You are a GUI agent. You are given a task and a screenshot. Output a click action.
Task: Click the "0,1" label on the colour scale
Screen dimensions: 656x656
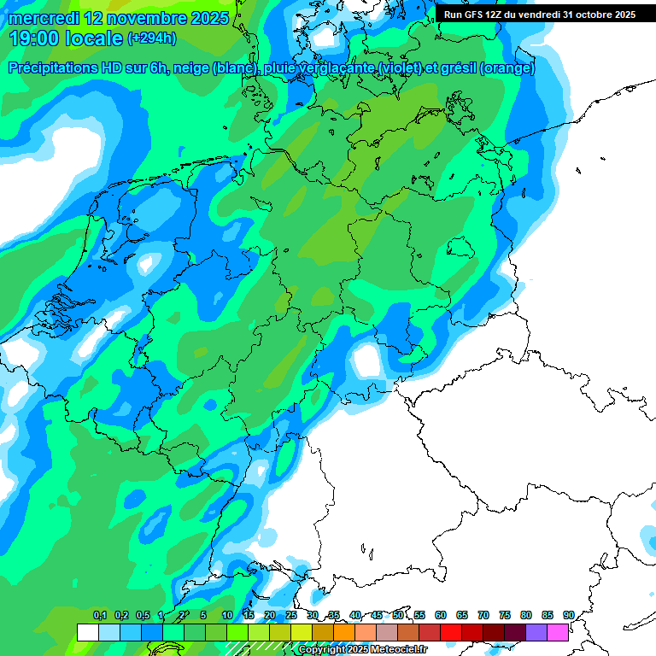(100, 616)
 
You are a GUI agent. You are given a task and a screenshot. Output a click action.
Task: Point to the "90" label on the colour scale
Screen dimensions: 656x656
(568, 616)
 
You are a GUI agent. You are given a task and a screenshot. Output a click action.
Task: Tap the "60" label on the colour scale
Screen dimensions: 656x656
(441, 616)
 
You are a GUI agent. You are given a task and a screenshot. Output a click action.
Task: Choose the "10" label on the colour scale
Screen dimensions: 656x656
(227, 616)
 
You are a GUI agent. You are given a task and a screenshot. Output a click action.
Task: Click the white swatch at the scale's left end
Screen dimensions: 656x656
(87, 632)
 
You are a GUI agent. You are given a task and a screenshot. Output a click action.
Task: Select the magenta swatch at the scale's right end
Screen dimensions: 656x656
(558, 632)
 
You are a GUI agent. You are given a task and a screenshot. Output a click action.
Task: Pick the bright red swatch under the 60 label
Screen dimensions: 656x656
(451, 632)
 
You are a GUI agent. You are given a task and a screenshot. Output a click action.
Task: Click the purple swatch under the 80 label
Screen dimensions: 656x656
(536, 632)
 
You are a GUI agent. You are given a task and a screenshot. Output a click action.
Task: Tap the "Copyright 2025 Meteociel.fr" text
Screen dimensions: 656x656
(362, 650)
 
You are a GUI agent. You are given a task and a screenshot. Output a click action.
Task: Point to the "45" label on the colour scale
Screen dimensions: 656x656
(377, 616)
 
